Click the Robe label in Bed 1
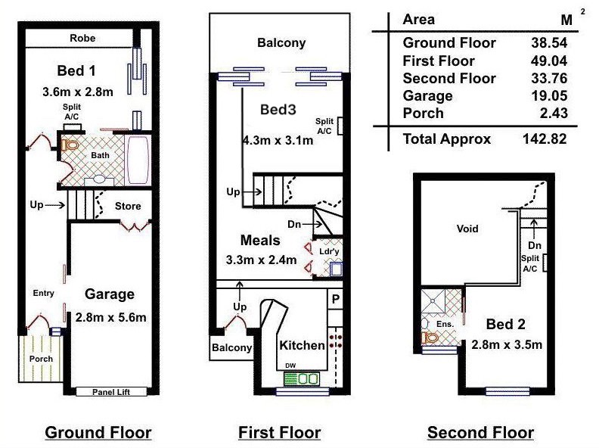tap(82, 39)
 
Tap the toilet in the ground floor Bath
tap(70, 145)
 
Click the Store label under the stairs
tap(128, 207)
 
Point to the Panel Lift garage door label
tap(110, 392)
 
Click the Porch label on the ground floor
tap(41, 359)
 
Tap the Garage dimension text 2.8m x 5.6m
tap(110, 318)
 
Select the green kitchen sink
tap(302, 379)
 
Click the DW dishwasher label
tap(290, 366)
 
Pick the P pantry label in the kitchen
tap(336, 299)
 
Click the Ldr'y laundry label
tap(329, 251)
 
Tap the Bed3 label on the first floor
tap(278, 110)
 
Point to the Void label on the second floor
tap(467, 229)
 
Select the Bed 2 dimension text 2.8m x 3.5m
tap(507, 345)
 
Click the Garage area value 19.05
tap(549, 96)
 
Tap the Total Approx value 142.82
tap(545, 138)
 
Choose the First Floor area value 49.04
tap(549, 61)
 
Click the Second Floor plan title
tap(480, 433)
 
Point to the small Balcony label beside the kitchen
tap(232, 347)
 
